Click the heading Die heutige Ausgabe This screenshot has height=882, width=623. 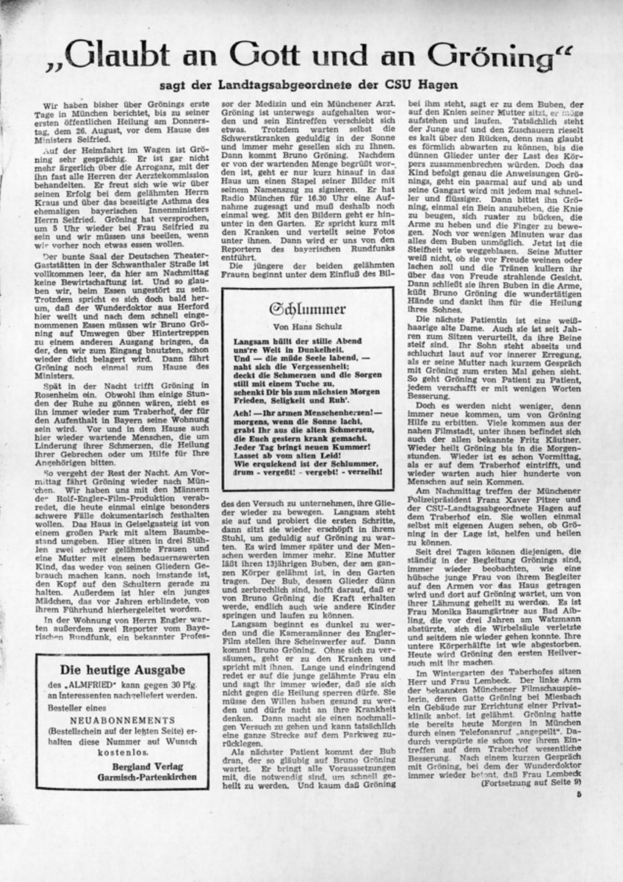pyautogui.click(x=121, y=670)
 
